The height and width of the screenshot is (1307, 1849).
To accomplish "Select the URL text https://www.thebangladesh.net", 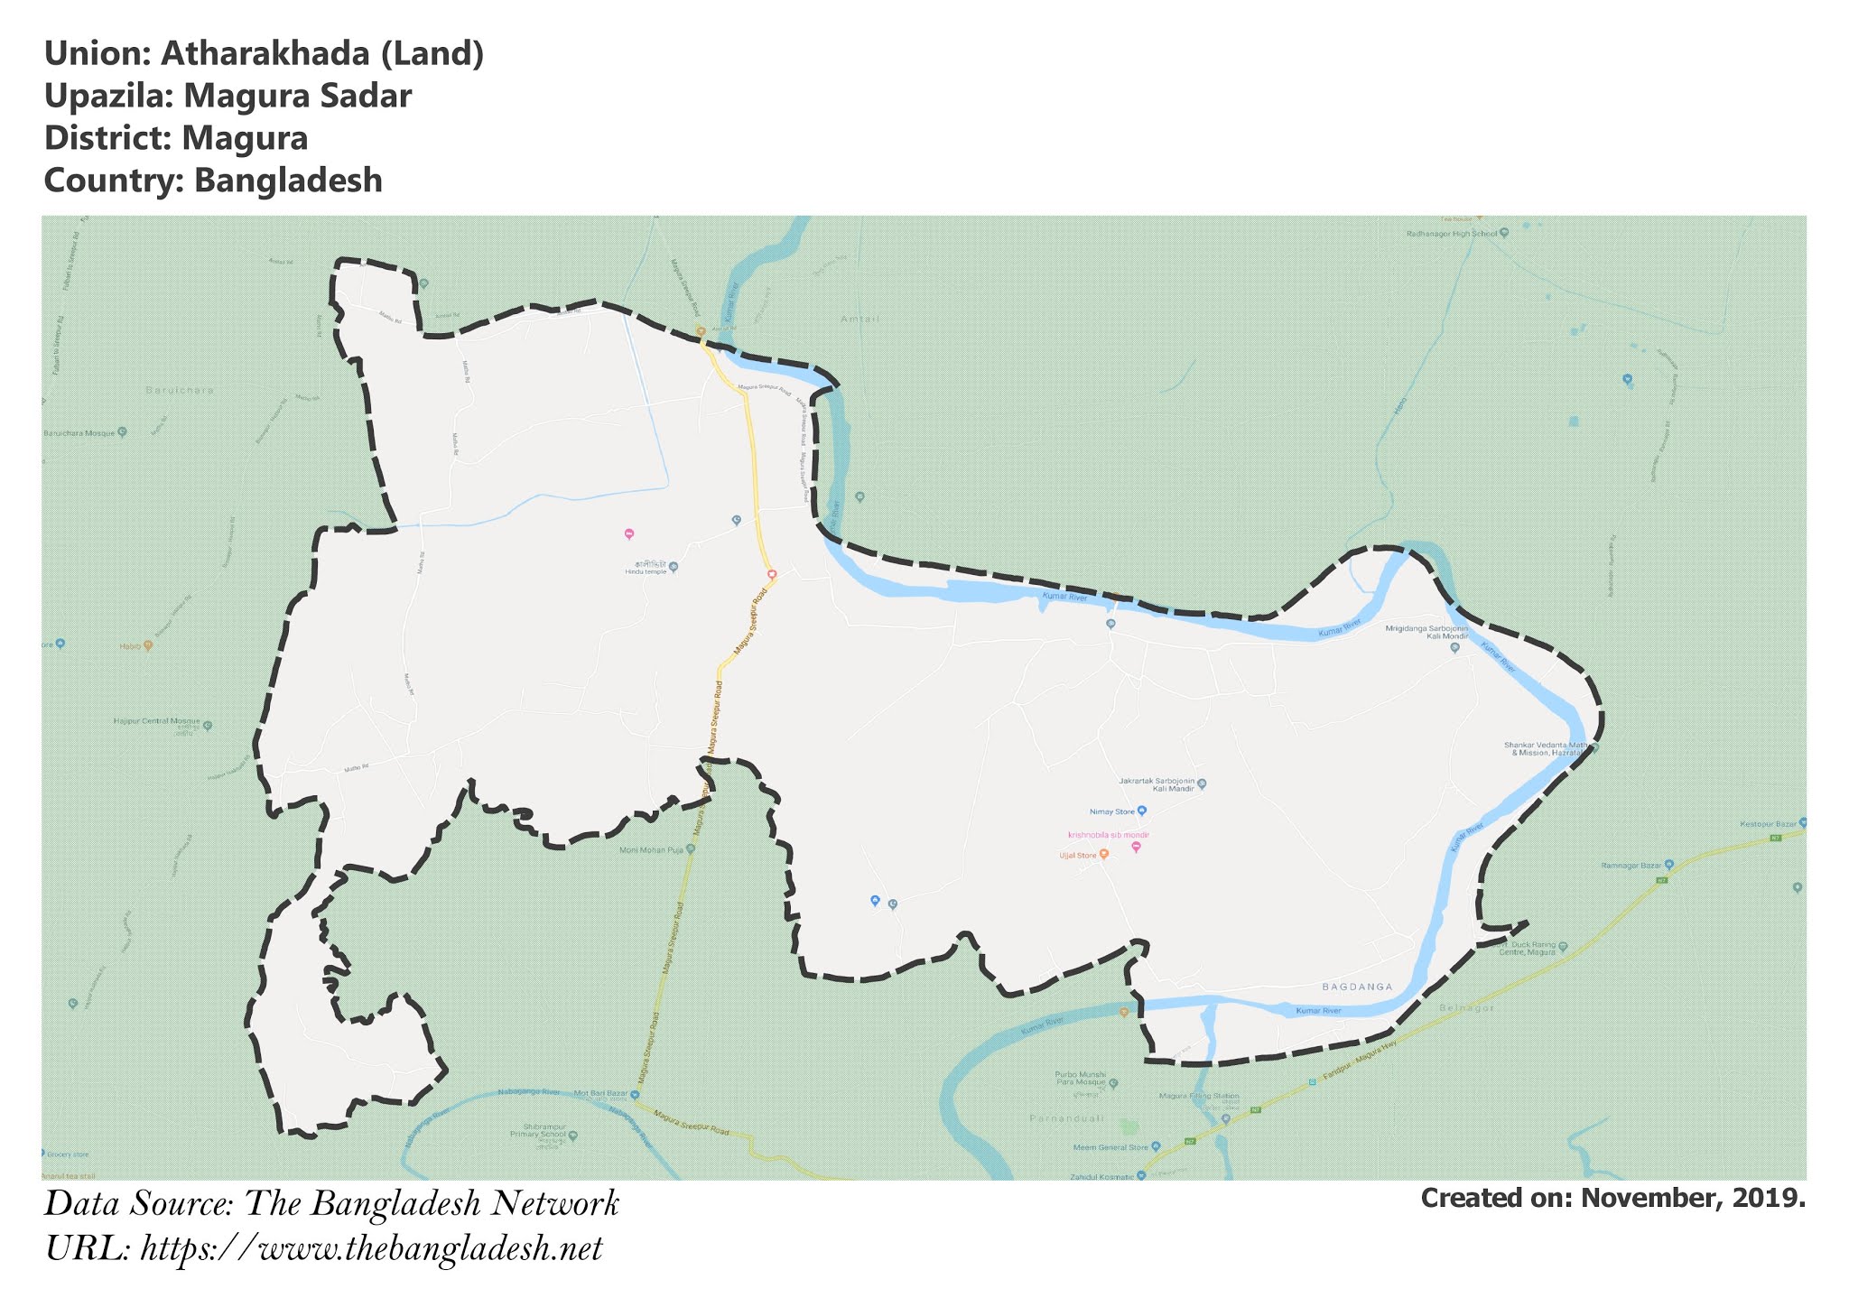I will coord(371,1249).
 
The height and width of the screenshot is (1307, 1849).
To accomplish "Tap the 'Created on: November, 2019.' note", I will coord(1612,1199).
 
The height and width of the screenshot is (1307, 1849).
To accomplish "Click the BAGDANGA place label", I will coord(1357,987).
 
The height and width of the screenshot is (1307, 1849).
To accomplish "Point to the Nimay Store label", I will coord(1112,811).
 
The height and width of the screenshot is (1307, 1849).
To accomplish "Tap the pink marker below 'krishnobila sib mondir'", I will coord(1136,847).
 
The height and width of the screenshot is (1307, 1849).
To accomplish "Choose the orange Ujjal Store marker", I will coord(1103,854).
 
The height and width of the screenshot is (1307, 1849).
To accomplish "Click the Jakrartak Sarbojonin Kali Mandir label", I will coord(1157,784).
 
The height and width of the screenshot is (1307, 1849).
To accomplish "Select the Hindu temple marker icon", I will coord(674,568).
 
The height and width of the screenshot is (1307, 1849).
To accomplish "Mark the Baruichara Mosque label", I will coord(79,433).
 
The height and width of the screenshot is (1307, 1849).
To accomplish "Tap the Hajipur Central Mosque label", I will coord(156,722).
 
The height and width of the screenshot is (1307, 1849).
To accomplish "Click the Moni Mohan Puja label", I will coord(652,849).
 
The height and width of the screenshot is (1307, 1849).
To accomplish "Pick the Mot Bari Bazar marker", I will coord(636,1095).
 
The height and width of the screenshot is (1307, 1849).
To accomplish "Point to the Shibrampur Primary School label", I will coord(544,1132).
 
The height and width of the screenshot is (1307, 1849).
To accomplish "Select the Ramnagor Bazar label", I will coord(1631,866).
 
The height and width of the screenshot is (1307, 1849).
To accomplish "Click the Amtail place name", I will coord(859,320).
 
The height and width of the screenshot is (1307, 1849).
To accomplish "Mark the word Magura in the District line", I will coord(244,138).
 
